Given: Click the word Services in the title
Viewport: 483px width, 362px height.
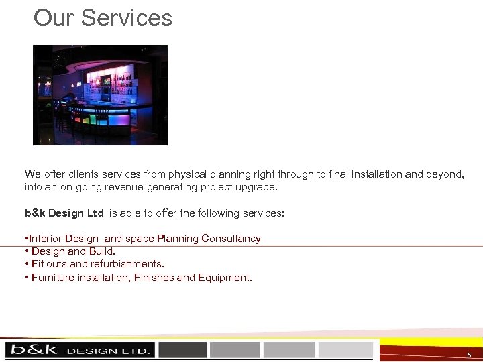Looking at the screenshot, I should click(x=127, y=18).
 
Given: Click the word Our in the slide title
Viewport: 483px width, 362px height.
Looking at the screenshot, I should click(x=54, y=18).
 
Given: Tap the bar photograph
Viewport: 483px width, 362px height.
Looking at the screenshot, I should click(x=100, y=95).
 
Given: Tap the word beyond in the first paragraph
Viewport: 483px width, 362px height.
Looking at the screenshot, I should click(x=444, y=174).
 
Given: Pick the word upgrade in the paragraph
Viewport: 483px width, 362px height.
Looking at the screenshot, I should click(x=255, y=187).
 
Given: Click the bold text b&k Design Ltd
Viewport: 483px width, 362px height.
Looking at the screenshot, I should click(x=64, y=213).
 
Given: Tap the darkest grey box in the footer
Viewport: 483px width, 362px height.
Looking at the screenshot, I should click(x=182, y=349).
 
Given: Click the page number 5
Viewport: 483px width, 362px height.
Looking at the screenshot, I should click(x=469, y=354).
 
